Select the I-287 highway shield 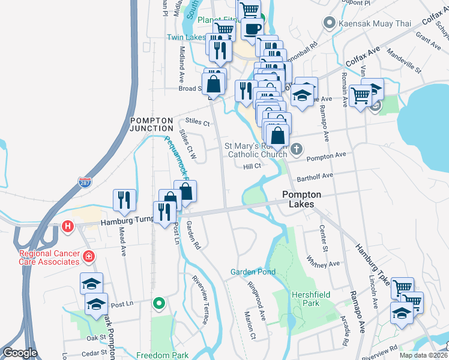(x=86, y=180)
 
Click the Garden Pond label (x=253, y=272)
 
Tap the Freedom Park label (x=162, y=355)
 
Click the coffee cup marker (x=252, y=28)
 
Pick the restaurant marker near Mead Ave (x=124, y=200)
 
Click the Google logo (x=20, y=353)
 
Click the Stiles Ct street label (x=197, y=123)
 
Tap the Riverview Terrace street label (x=200, y=299)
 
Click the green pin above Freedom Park (x=158, y=304)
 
